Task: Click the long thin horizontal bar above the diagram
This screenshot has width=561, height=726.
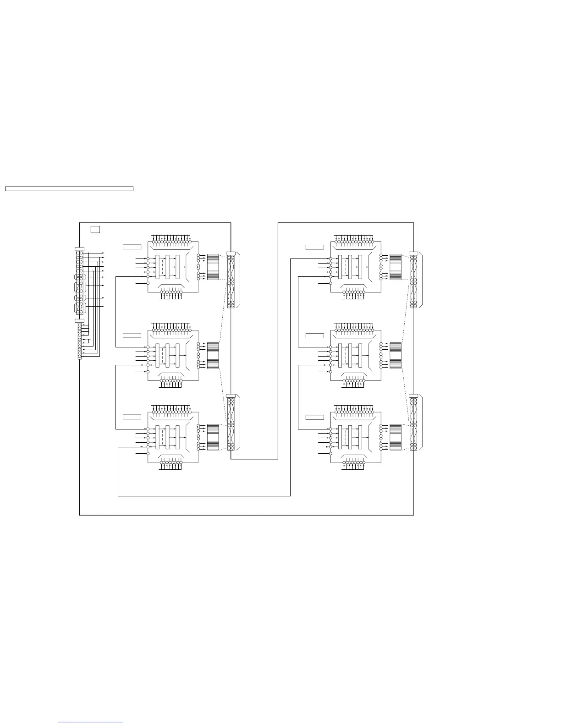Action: click(69, 188)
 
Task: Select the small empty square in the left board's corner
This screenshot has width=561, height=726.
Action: click(95, 229)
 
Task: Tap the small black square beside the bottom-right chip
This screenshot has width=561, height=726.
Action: click(326, 446)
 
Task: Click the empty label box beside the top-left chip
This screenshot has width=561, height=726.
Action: click(132, 247)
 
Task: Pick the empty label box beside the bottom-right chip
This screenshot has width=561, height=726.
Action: click(315, 417)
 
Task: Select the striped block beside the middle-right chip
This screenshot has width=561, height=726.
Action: click(396, 355)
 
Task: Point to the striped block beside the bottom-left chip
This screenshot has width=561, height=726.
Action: click(213, 437)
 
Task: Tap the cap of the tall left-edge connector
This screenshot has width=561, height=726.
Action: click(79, 248)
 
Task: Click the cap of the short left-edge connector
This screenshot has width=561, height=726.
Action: click(79, 321)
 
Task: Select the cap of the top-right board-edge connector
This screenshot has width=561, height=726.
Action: click(413, 253)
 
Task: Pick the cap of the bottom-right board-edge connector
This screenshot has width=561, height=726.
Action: click(413, 396)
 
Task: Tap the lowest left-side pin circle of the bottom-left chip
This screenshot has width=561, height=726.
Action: click(148, 453)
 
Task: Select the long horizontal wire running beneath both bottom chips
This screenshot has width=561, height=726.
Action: click(204, 495)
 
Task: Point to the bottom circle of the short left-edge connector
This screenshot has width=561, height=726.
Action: click(80, 357)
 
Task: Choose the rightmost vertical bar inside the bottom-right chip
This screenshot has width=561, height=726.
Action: click(361, 437)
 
